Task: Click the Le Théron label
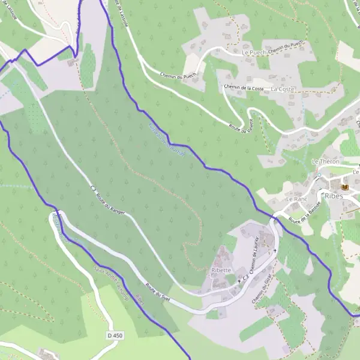326,162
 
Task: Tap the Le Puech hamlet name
253,53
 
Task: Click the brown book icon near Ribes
346,187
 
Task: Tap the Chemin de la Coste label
244,88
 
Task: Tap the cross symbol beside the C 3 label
239,281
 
